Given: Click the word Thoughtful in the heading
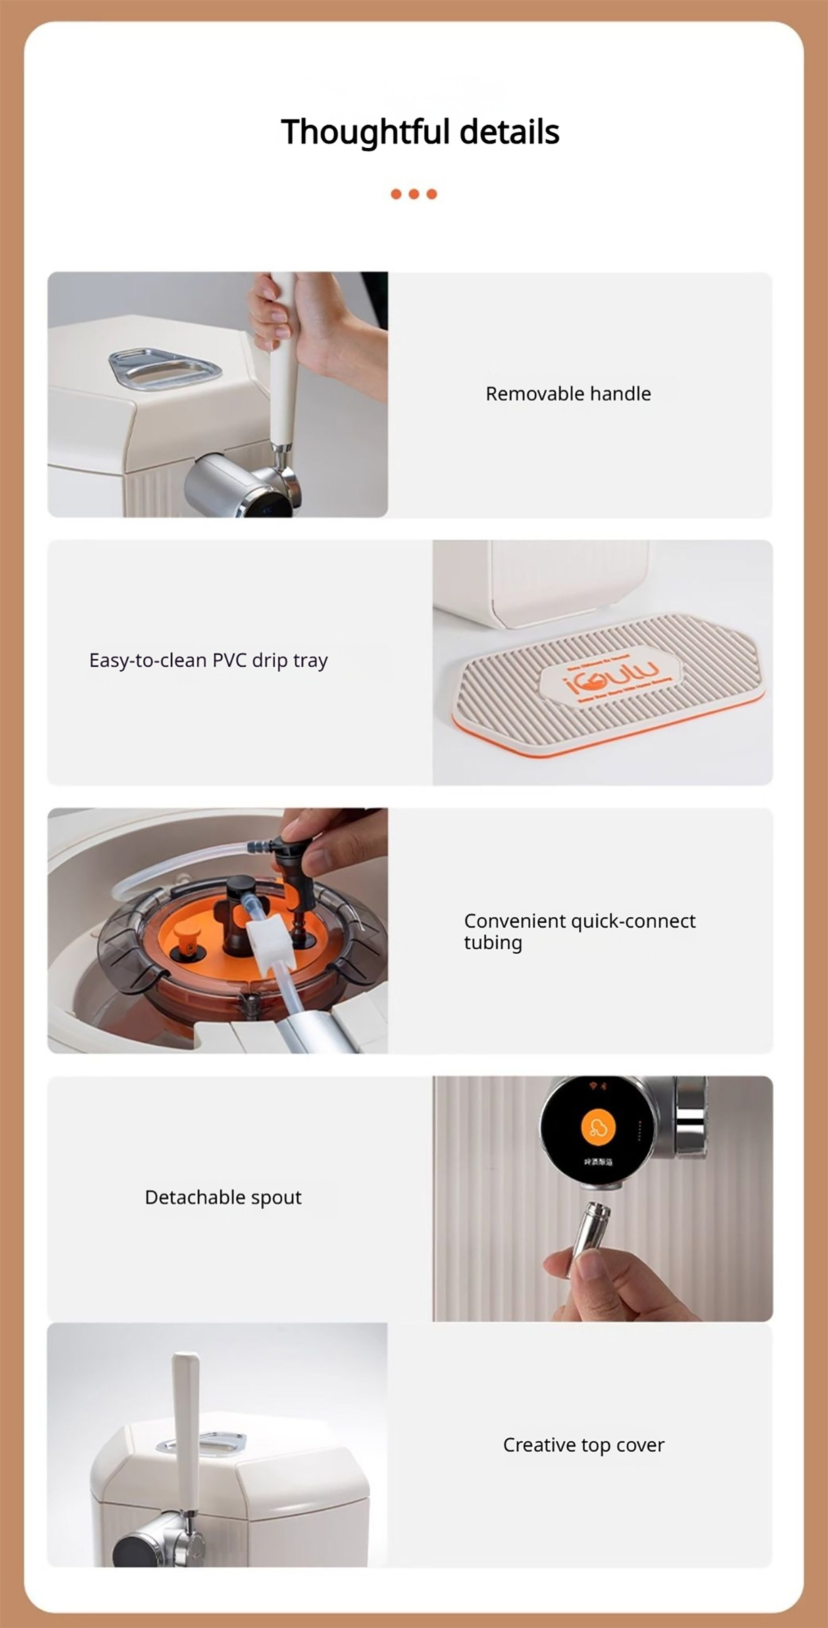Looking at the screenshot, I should (x=365, y=132).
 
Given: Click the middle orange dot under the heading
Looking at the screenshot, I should (x=414, y=195).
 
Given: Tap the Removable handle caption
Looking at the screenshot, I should (x=568, y=394).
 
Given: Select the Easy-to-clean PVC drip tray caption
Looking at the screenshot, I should (x=208, y=661).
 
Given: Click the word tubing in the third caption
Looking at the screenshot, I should (x=492, y=943).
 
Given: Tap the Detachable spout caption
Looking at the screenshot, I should (x=223, y=1198).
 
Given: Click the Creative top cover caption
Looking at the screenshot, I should (x=584, y=1445).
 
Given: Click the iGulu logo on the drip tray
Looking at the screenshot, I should (x=611, y=676).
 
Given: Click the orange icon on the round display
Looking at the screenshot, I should (x=598, y=1127).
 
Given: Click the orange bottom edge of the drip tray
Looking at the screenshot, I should (x=608, y=741).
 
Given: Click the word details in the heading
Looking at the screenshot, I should (x=509, y=132).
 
